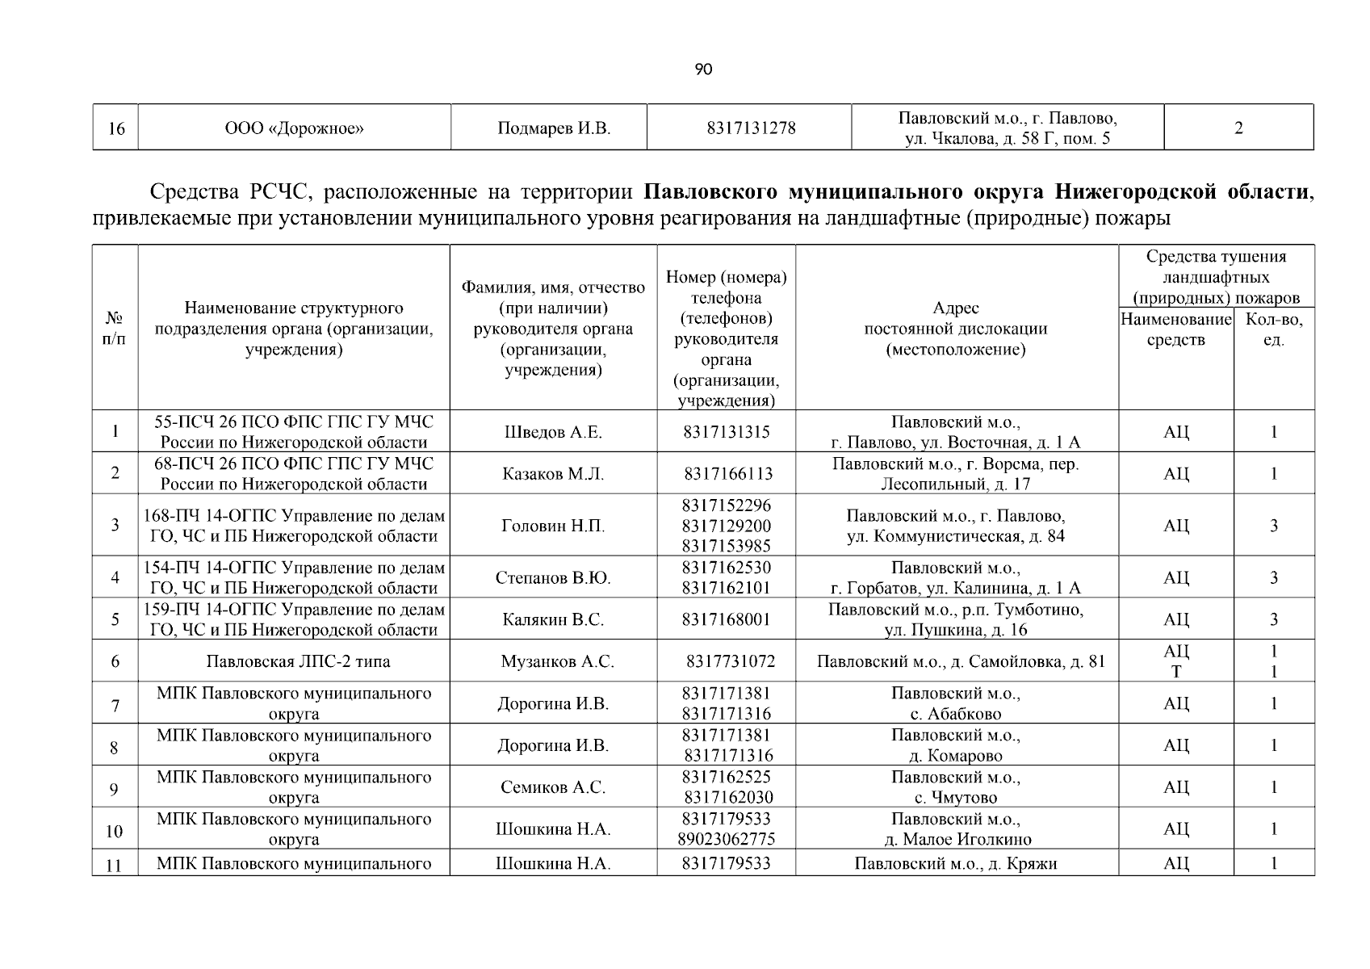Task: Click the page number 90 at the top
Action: coord(703,70)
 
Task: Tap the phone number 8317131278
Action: coord(750,128)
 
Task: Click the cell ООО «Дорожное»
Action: coord(294,128)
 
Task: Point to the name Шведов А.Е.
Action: coord(553,432)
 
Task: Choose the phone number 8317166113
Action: coord(727,474)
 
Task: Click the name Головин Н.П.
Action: coord(553,526)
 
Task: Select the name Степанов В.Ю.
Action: coord(553,578)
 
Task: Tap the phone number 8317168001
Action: coord(726,620)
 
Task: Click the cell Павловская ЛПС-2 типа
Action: coord(298,662)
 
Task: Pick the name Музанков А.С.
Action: coord(557,662)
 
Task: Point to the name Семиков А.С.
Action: coord(553,788)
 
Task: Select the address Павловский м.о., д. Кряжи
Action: coord(956,864)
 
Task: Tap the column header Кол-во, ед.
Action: coord(1274,329)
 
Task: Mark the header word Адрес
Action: coord(956,308)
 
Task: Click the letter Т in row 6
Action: coord(1176,672)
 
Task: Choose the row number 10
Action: coord(115,832)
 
